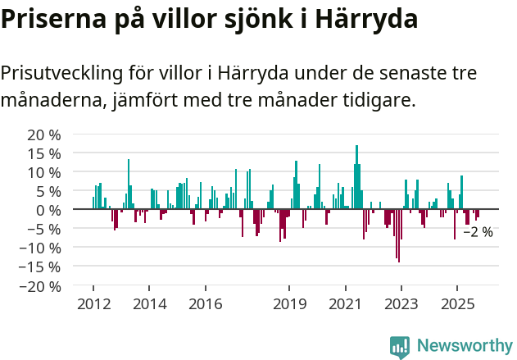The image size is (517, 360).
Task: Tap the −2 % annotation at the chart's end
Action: [478, 232]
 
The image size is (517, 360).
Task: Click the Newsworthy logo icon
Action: [400, 345]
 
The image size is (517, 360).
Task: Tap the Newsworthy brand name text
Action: [464, 345]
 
